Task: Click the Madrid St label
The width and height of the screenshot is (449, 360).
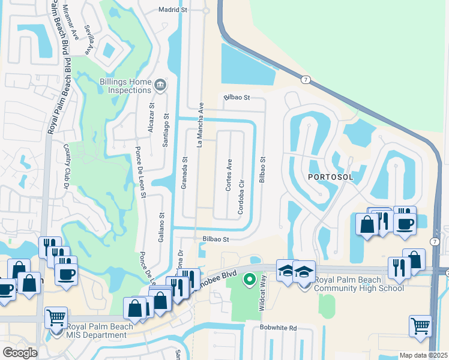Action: (x=173, y=10)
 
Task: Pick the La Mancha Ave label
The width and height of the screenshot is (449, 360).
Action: (x=201, y=124)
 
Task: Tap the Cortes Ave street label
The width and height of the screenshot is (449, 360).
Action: (x=229, y=175)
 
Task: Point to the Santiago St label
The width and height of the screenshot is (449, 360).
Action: (x=166, y=130)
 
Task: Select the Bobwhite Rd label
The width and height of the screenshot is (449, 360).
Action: (x=279, y=328)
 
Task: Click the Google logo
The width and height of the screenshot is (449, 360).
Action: (x=19, y=353)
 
